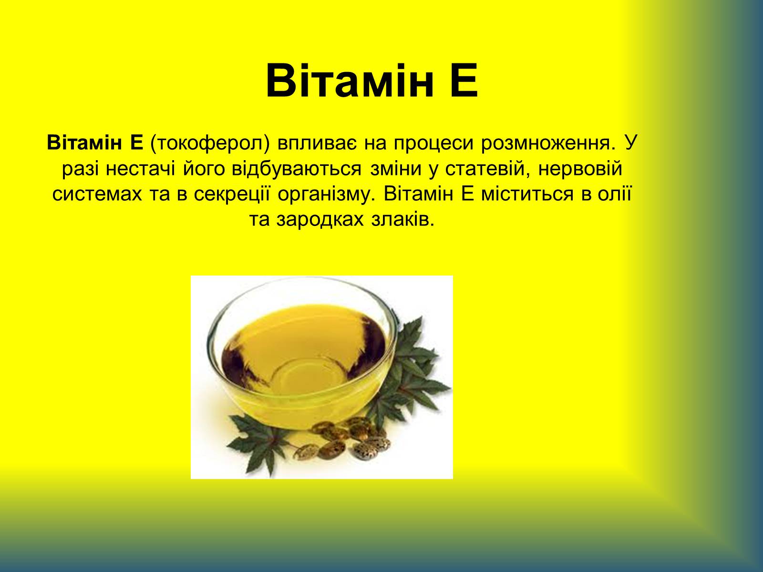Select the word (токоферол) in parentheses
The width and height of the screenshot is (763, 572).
(210, 143)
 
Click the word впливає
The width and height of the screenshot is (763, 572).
(317, 143)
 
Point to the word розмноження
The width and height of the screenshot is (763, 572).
(546, 143)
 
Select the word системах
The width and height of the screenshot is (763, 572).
(97, 195)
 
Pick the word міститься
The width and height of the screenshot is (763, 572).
(527, 194)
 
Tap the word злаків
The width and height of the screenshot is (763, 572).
(403, 219)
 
